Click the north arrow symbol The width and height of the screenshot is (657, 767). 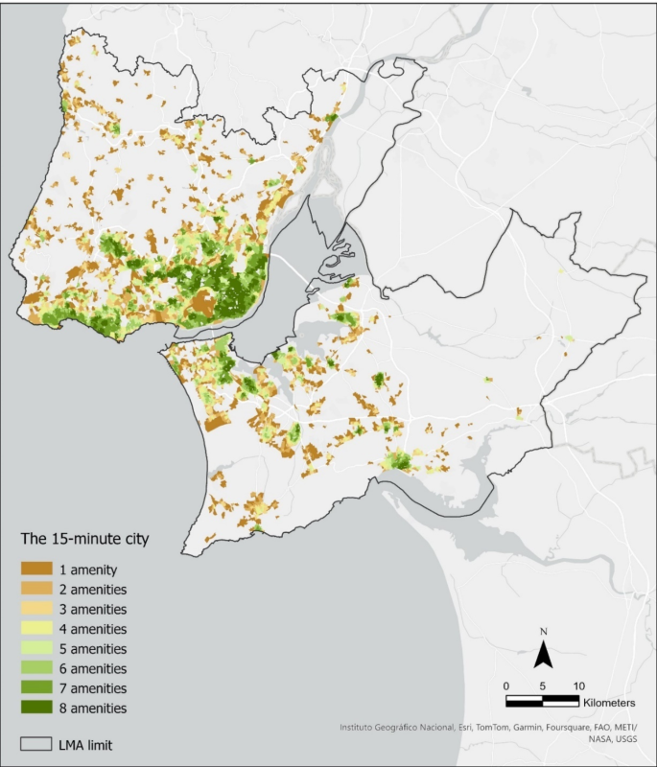[543, 655]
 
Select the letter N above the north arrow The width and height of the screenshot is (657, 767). [543, 632]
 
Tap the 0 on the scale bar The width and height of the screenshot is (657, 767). [505, 686]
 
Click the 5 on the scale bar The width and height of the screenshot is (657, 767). [543, 686]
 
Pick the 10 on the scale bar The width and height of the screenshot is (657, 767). [578, 686]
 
